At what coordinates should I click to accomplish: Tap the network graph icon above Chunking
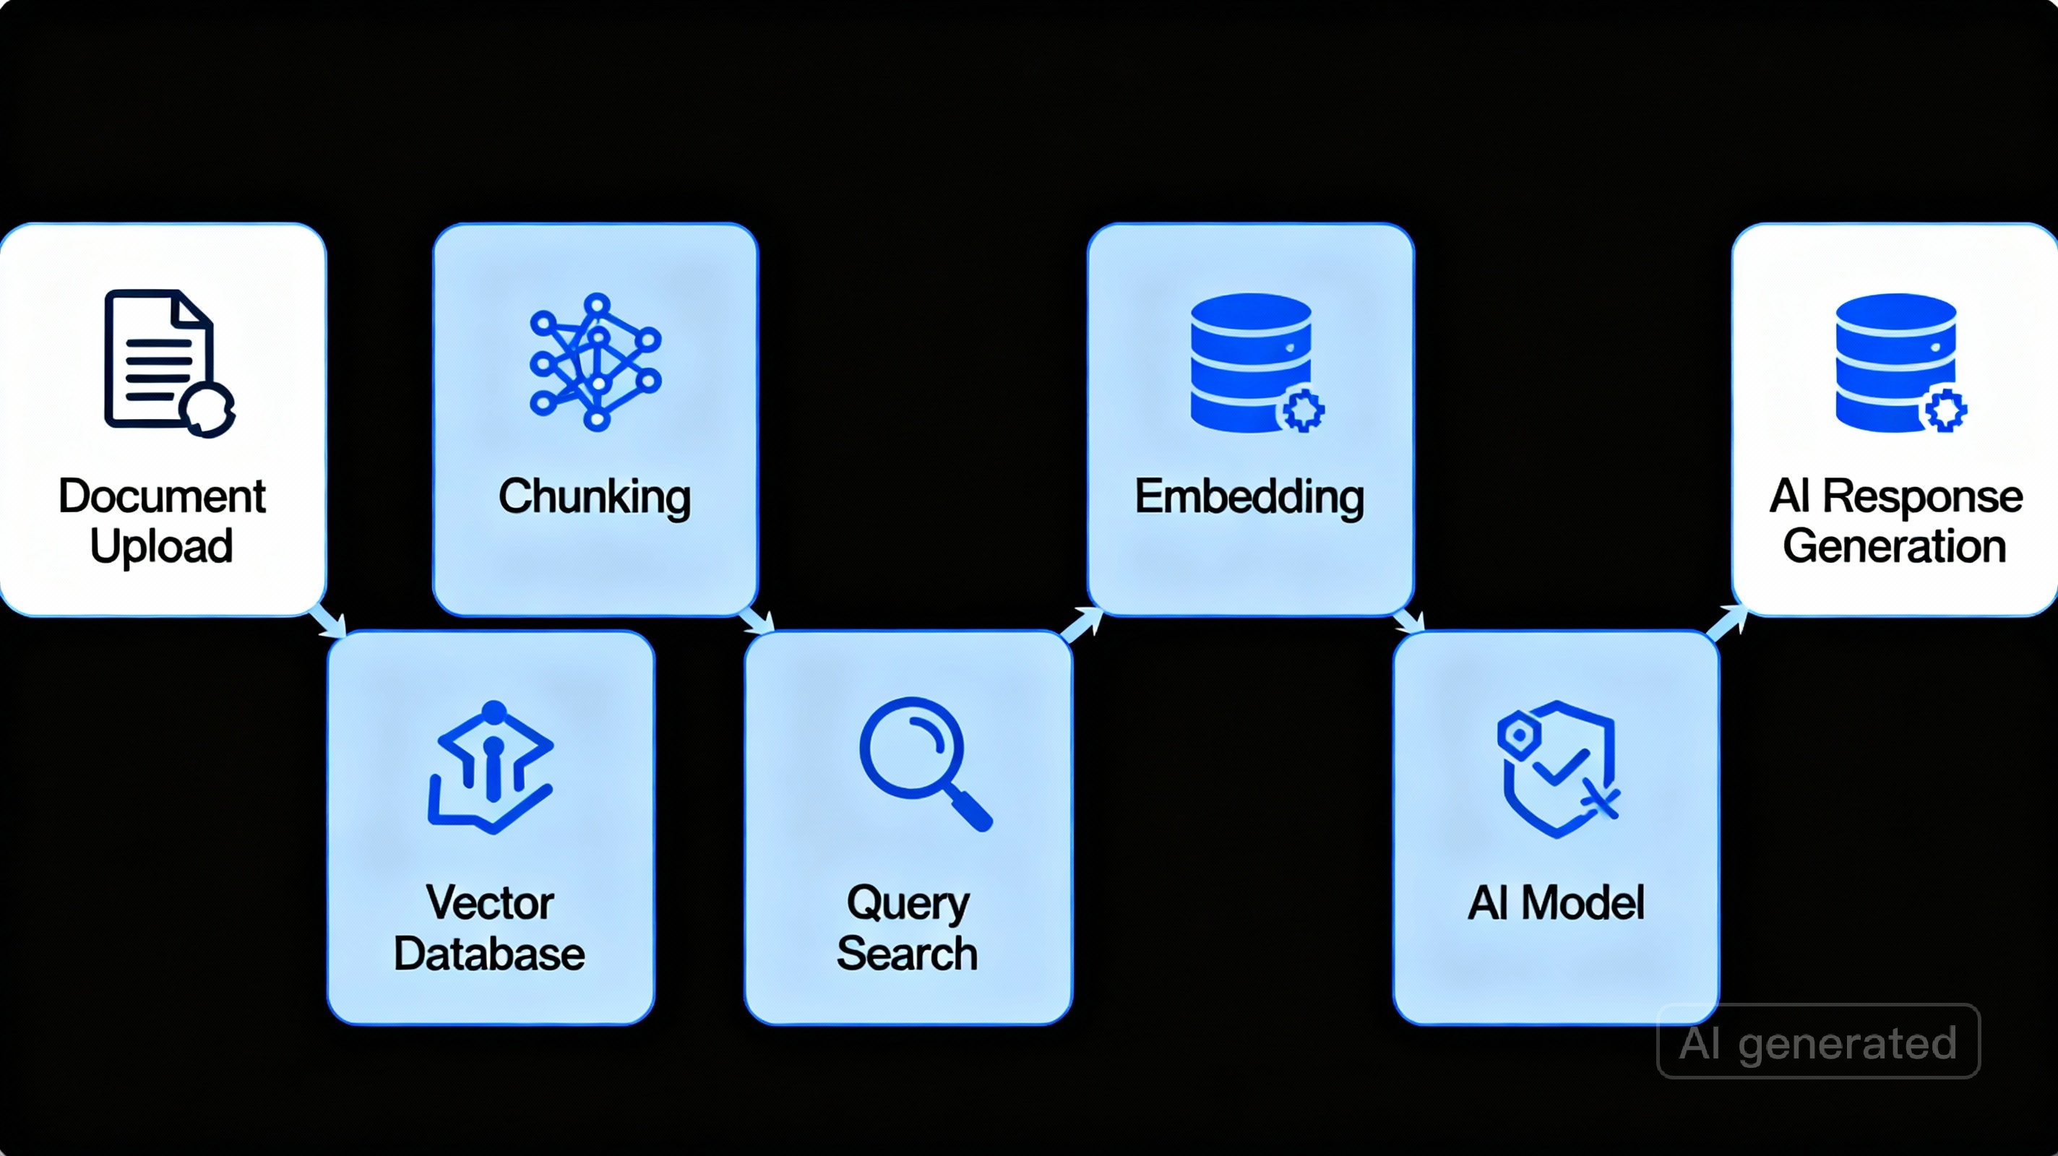[595, 362]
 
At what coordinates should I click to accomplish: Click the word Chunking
[595, 497]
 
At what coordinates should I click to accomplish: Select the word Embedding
[1249, 497]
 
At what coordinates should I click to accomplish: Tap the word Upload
[161, 547]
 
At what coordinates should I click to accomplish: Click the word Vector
[489, 902]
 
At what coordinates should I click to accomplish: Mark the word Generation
[1894, 547]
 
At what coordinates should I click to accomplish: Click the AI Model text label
[1556, 902]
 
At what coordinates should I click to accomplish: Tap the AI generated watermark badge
[1818, 1042]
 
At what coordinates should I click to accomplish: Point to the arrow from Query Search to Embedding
[1082, 624]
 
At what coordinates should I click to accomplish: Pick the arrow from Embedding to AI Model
[1408, 621]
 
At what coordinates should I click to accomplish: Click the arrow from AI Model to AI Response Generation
[1727, 623]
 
